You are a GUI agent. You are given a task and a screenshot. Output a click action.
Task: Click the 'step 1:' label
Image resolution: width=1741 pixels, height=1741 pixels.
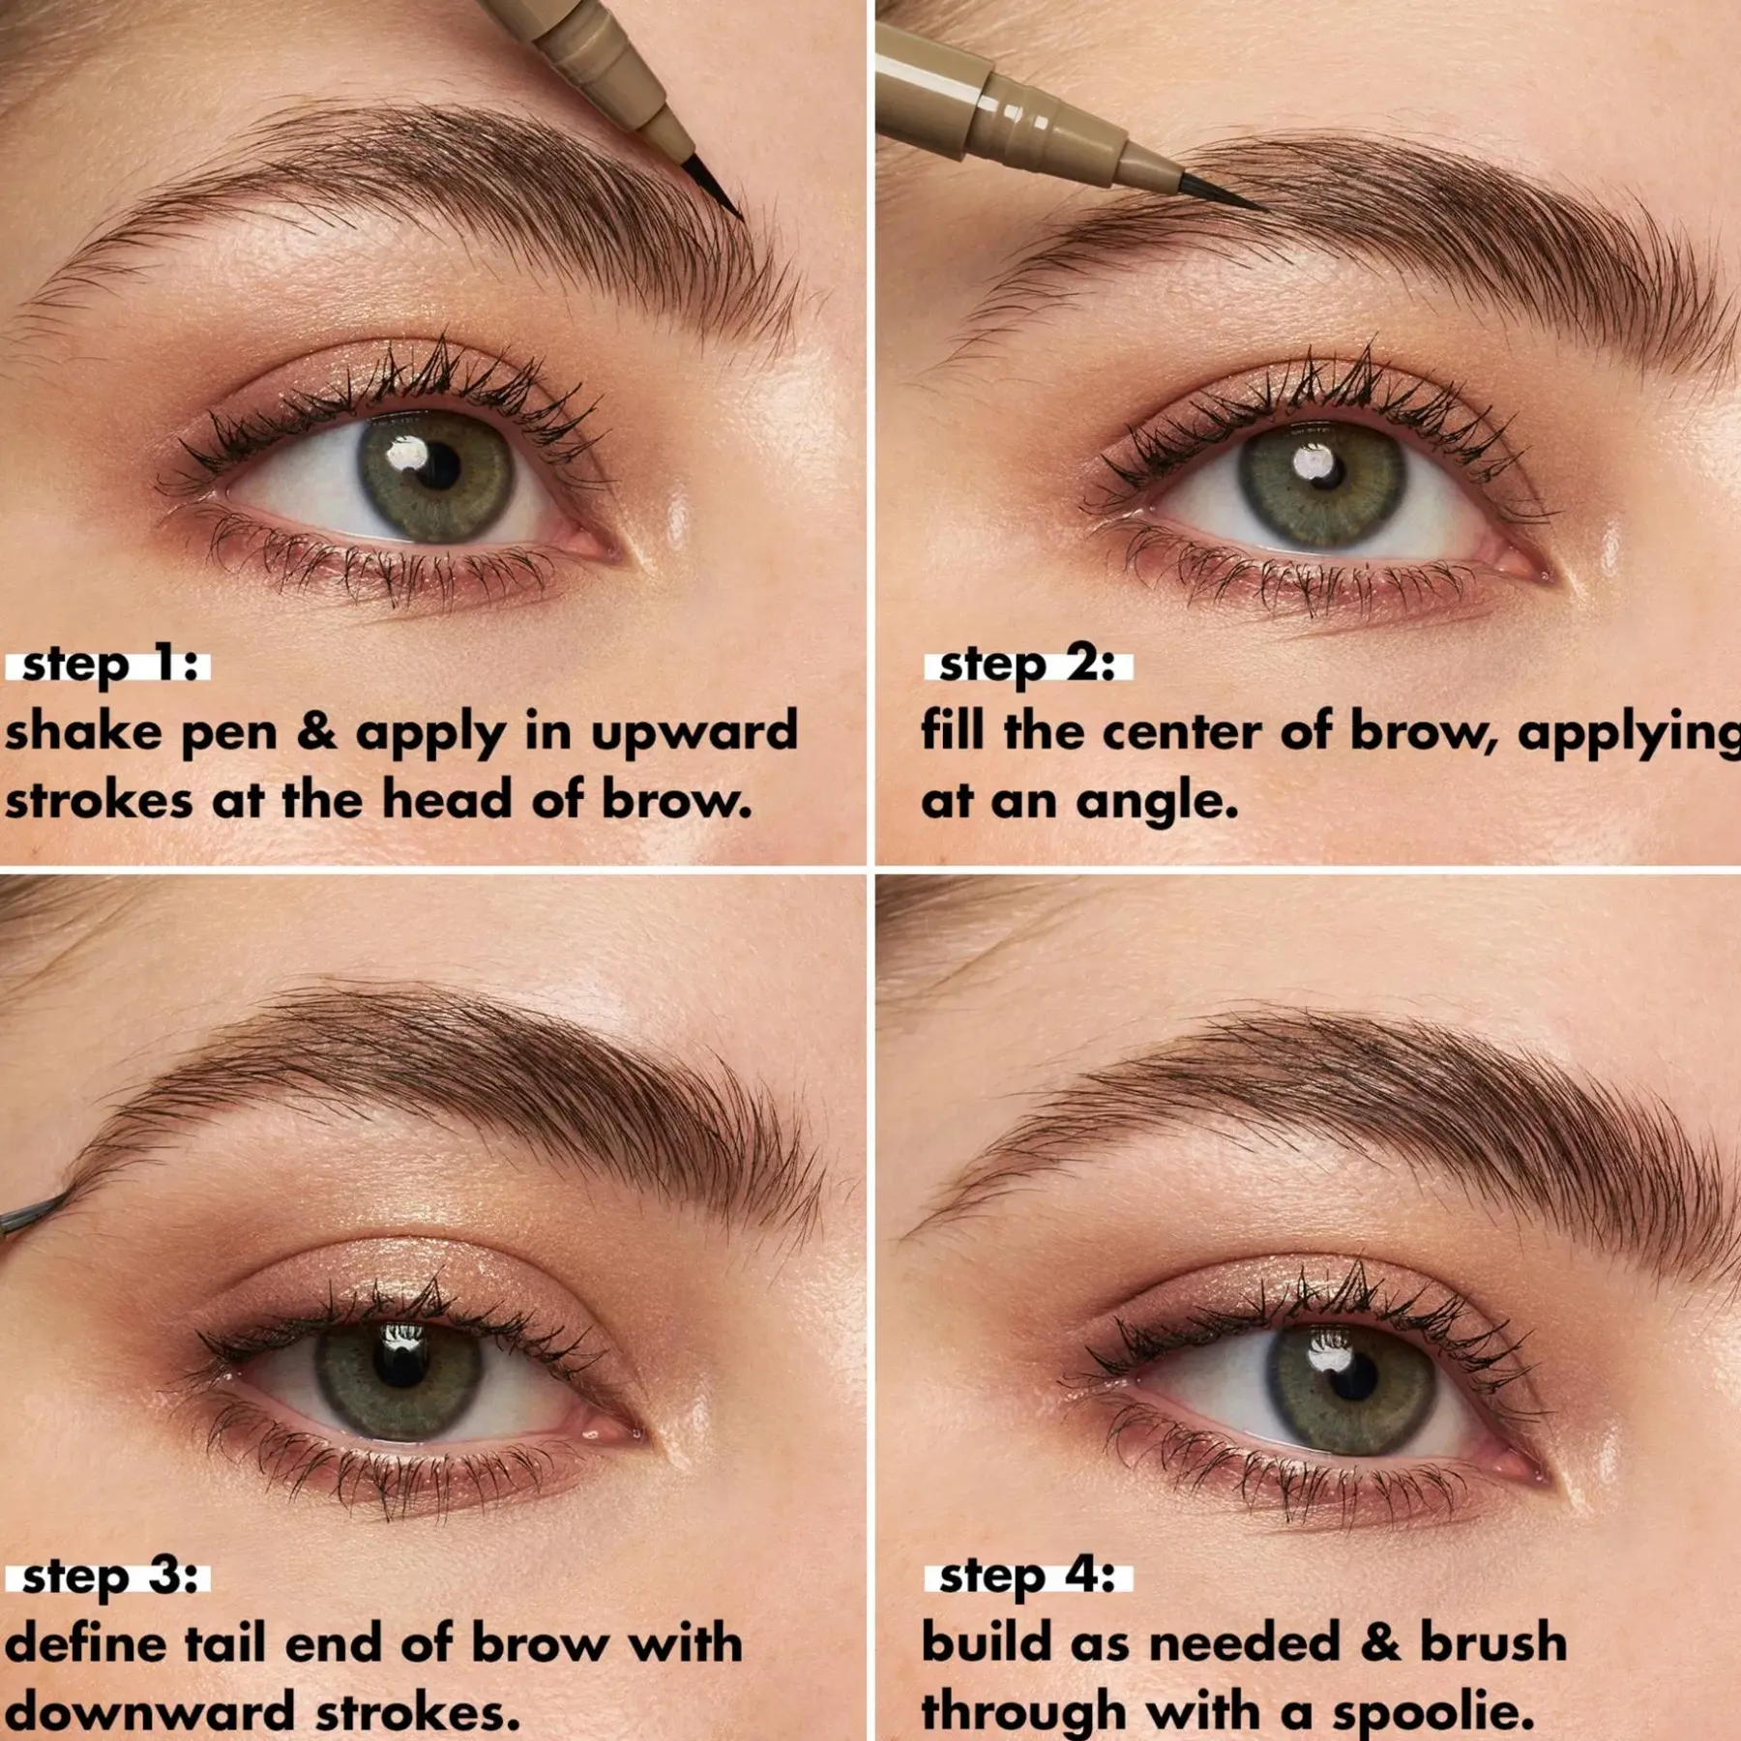(x=108, y=666)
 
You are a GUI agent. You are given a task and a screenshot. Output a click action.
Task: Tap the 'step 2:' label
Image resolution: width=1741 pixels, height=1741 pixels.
(x=1027, y=666)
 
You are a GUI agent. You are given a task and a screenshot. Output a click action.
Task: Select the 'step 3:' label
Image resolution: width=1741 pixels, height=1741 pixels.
(x=108, y=1577)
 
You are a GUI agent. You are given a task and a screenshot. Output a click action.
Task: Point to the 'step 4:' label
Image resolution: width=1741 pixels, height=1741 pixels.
(x=1027, y=1577)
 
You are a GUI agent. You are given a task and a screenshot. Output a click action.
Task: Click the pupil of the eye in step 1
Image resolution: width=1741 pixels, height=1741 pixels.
(x=437, y=467)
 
